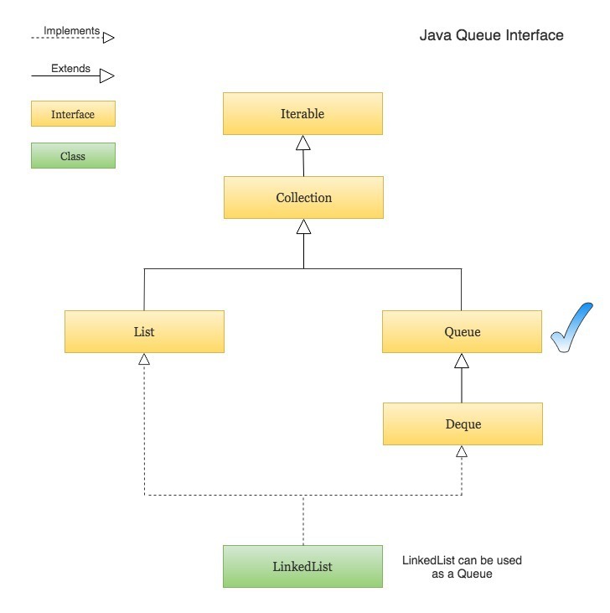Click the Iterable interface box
coord(302,113)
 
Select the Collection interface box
coord(303,198)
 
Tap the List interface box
coord(144,331)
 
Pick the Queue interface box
coord(462,331)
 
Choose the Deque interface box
coord(463,423)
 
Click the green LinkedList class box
coord(302,566)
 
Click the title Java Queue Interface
coord(491,36)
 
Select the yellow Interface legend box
coord(73,114)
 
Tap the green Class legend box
coord(73,156)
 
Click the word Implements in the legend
coord(71,31)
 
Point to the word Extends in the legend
coord(70,69)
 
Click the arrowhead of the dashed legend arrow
coord(107,38)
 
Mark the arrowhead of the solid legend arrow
coord(106,76)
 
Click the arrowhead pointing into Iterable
coord(303,143)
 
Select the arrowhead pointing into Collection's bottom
coord(303,226)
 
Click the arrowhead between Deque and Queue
coord(462,361)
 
